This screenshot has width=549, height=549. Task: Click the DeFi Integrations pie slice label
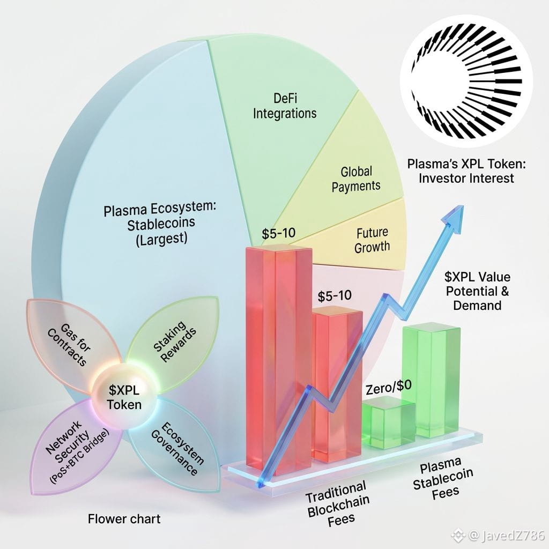[284, 105]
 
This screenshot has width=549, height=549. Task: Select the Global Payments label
[356, 179]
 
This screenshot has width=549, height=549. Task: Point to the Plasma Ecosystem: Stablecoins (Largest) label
[160, 224]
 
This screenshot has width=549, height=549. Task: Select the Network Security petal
[75, 450]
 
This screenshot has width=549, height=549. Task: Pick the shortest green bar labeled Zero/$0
[388, 426]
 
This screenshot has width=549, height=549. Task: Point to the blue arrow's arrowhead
[455, 212]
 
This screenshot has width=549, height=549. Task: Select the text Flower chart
[124, 518]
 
